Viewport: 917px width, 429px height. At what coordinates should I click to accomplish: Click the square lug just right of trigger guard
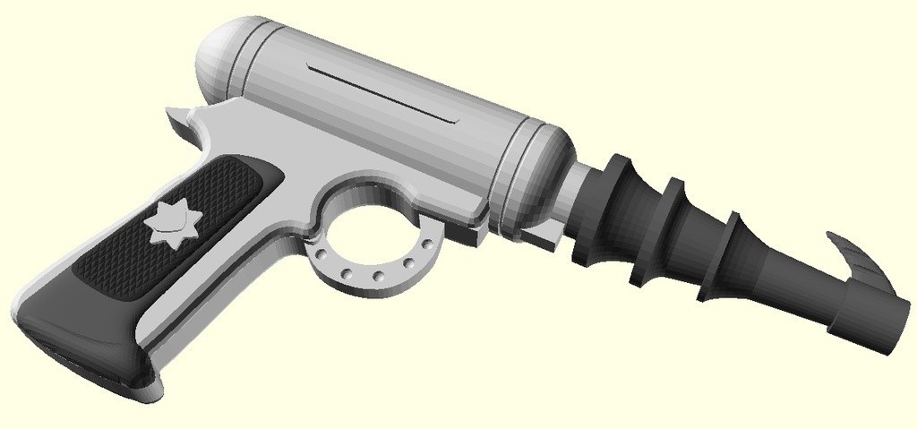tap(467, 234)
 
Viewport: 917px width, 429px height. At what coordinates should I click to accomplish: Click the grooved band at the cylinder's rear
tap(244, 62)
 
